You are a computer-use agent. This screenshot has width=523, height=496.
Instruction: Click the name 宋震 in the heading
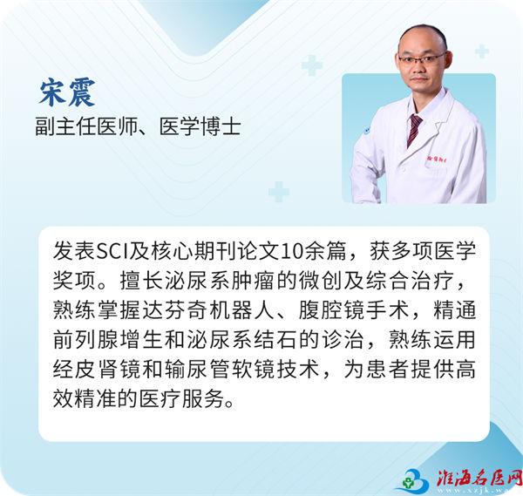[x=67, y=93]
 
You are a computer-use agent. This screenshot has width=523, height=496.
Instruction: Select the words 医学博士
[x=200, y=126]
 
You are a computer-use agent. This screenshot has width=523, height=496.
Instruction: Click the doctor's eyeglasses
[x=422, y=58]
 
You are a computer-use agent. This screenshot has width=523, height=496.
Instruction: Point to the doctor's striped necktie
[x=413, y=130]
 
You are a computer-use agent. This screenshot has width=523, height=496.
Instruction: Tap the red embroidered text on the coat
[x=438, y=159]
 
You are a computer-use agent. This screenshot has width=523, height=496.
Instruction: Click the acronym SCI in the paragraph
[x=112, y=251]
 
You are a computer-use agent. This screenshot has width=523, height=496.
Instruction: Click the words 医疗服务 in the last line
[x=182, y=399]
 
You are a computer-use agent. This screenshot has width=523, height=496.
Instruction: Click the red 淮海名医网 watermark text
[x=479, y=479]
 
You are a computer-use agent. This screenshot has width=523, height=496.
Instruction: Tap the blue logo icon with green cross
[x=413, y=480]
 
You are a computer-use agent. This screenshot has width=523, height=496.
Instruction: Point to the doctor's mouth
[x=419, y=79]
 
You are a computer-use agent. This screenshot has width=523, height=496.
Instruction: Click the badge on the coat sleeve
[x=366, y=131]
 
